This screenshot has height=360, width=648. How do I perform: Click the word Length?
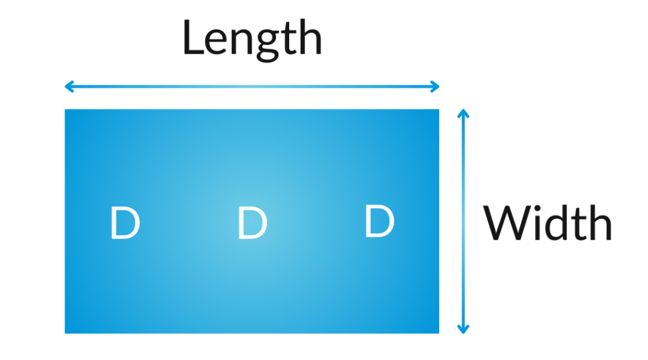point(252,40)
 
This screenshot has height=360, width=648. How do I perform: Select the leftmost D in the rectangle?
point(125,223)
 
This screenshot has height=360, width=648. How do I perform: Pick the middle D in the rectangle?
point(252,223)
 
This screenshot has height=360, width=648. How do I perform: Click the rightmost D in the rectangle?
point(380,221)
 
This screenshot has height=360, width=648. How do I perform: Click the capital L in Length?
point(192,37)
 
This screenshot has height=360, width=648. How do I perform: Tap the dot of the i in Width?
point(539,208)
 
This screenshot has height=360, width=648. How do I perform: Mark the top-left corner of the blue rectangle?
point(65,109)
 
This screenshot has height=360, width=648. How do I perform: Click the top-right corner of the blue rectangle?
point(439,109)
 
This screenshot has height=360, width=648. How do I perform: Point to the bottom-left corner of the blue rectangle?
point(65,333)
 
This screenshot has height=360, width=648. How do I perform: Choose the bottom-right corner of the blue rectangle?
point(439,333)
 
